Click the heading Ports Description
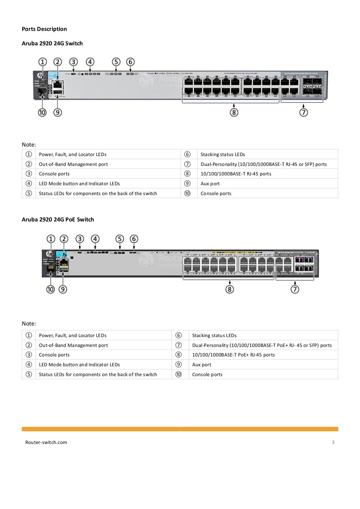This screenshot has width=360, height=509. pyautogui.click(x=44, y=29)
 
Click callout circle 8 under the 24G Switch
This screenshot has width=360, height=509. pyautogui.click(x=234, y=112)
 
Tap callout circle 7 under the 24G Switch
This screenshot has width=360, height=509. pyautogui.click(x=304, y=112)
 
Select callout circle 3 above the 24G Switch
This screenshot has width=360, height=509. pyautogui.click(x=73, y=62)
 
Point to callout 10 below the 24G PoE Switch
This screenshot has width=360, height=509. pyautogui.click(x=51, y=289)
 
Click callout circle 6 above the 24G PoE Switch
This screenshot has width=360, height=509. pyautogui.click(x=134, y=239)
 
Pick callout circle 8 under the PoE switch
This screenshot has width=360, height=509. pyautogui.click(x=230, y=289)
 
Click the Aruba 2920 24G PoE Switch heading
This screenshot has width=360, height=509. pyautogui.click(x=58, y=220)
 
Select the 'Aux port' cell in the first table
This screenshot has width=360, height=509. pyautogui.click(x=210, y=183)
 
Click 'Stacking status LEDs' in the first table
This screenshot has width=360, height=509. pyautogui.click(x=223, y=154)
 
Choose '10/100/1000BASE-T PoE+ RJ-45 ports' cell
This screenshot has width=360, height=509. pyautogui.click(x=233, y=355)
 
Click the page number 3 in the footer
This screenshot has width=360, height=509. pyautogui.click(x=333, y=442)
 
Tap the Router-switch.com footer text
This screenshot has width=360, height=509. pyautogui.click(x=46, y=442)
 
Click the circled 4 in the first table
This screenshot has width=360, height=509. pyautogui.click(x=29, y=183)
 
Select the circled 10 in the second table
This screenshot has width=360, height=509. pyautogui.click(x=179, y=374)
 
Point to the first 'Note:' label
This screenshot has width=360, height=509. pyautogui.click(x=29, y=144)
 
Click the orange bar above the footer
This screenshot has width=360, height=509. pyautogui.click(x=180, y=429)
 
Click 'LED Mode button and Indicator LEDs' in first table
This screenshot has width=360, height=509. pyautogui.click(x=79, y=183)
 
